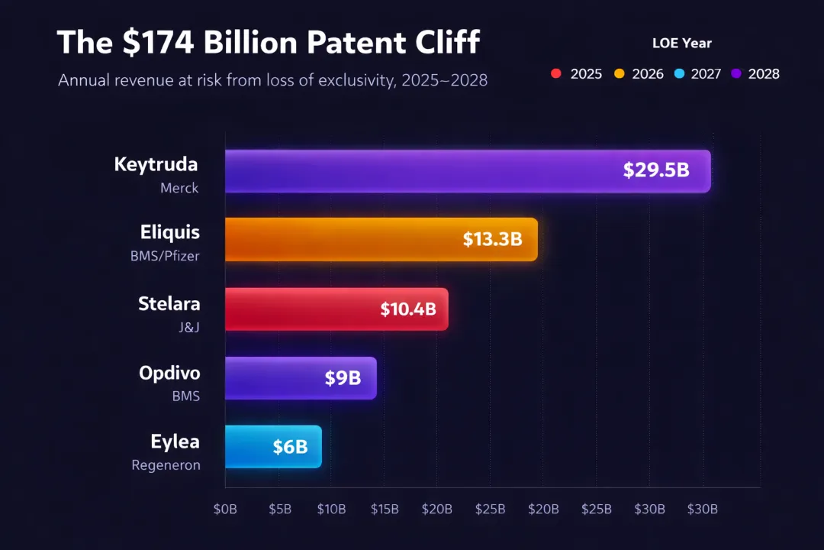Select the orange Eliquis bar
(x=343, y=239)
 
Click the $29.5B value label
(x=656, y=170)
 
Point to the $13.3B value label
(x=492, y=239)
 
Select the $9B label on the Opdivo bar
(x=343, y=378)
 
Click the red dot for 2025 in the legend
(x=556, y=74)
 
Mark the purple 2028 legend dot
(x=736, y=74)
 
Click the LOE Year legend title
(x=681, y=44)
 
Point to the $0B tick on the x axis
(x=225, y=510)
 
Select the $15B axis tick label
(x=385, y=510)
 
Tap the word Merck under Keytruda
(x=179, y=188)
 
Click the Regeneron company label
(x=166, y=464)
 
